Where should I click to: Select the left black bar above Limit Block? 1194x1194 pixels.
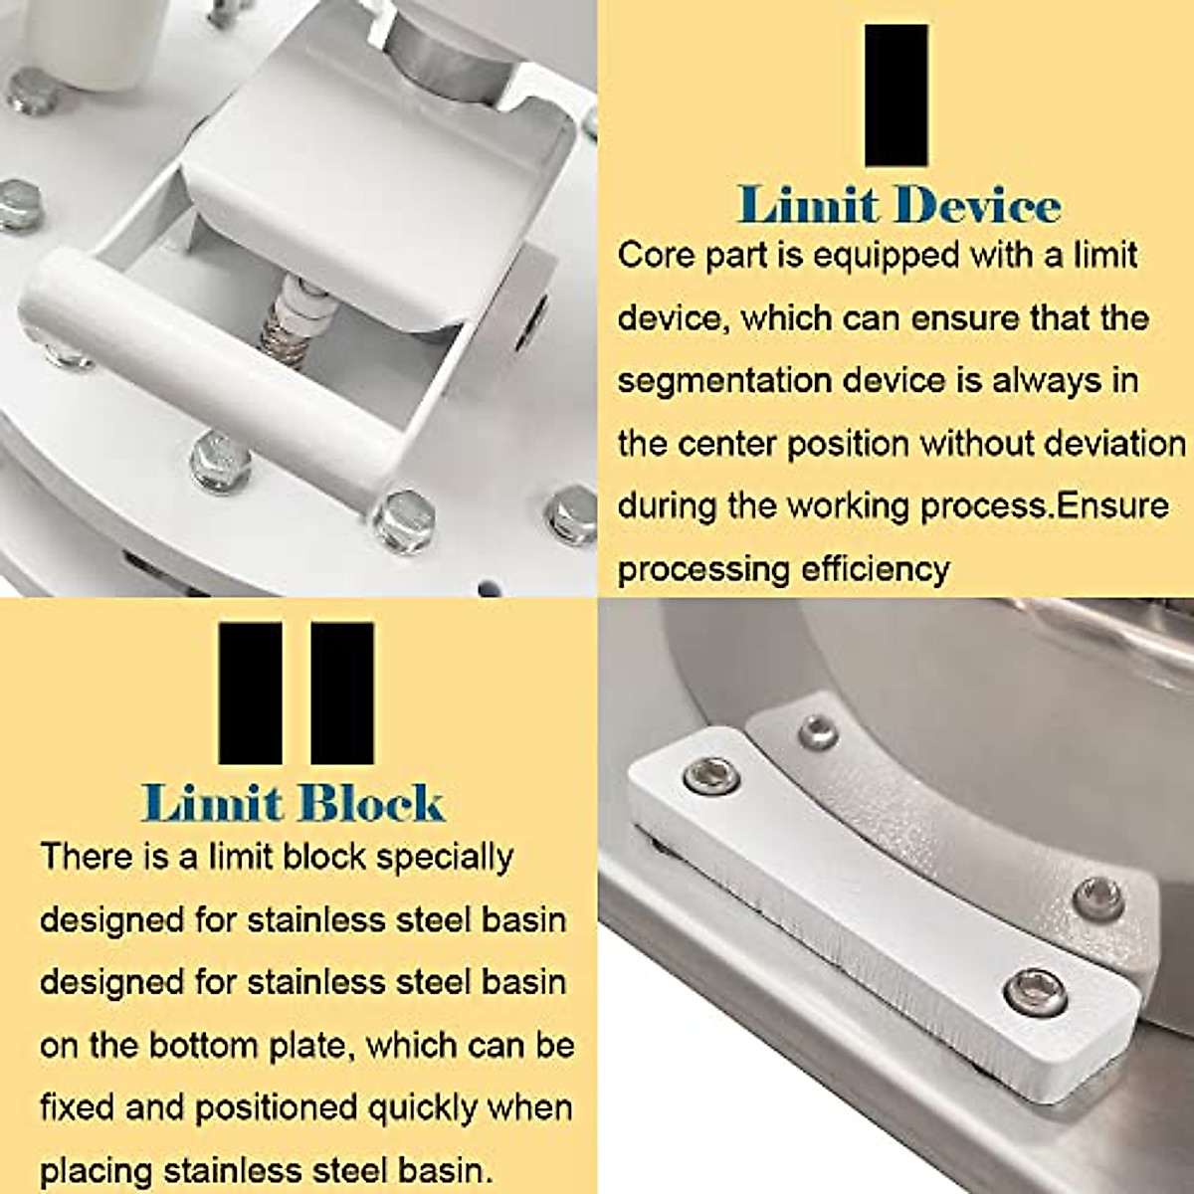pyautogui.click(x=250, y=694)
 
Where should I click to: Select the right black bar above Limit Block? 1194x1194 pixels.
pyautogui.click(x=342, y=694)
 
